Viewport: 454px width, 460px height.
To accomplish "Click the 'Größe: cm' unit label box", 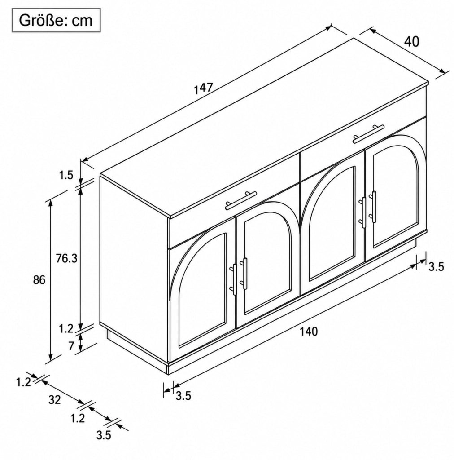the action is pos(56,20).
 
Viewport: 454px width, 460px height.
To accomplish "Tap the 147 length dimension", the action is pos(203,88).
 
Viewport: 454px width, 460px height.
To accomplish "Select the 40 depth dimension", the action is pos(411,42).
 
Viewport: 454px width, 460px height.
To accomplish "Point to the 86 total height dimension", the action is pos(39,280).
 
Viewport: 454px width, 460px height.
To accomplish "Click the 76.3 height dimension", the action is pos(66,258).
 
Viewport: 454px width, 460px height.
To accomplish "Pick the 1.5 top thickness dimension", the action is pos(66,176).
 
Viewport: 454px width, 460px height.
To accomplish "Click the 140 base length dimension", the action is pos(309,332).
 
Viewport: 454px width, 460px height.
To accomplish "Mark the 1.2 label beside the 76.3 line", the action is pos(66,329).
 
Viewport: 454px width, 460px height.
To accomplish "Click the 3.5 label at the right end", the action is pos(437,267).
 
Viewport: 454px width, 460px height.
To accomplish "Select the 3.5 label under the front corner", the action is pos(183,396).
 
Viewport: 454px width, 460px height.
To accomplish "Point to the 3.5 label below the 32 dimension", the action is pos(104,435).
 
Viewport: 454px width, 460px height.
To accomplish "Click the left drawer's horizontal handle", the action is pos(241,200).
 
